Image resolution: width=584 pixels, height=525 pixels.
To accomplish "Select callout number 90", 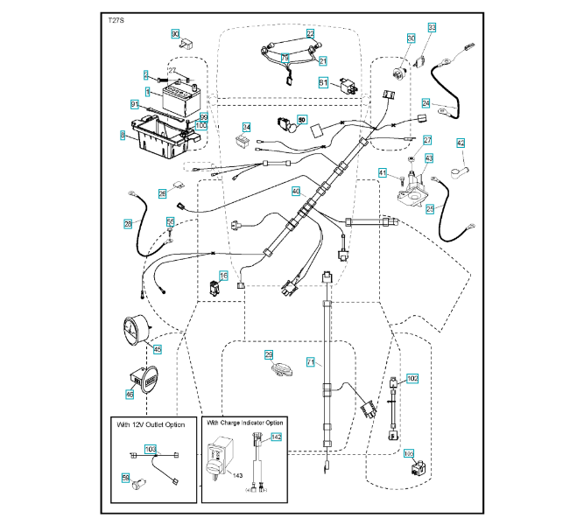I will [175, 34].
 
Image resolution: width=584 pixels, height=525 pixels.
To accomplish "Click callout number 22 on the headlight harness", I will [310, 33].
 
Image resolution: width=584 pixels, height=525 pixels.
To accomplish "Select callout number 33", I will [432, 29].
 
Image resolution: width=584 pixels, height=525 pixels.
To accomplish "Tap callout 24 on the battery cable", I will [426, 102].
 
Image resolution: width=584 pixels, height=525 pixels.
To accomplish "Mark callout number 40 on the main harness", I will [296, 191].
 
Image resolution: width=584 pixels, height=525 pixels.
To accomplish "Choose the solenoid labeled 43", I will [429, 157].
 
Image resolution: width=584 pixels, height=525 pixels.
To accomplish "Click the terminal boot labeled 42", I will [461, 143].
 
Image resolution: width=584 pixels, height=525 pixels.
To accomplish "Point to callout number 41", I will [383, 172].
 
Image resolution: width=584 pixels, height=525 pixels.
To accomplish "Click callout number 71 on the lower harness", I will [310, 361].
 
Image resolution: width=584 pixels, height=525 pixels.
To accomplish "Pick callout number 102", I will [413, 378].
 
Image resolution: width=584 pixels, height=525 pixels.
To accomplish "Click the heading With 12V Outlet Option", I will [151, 424].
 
